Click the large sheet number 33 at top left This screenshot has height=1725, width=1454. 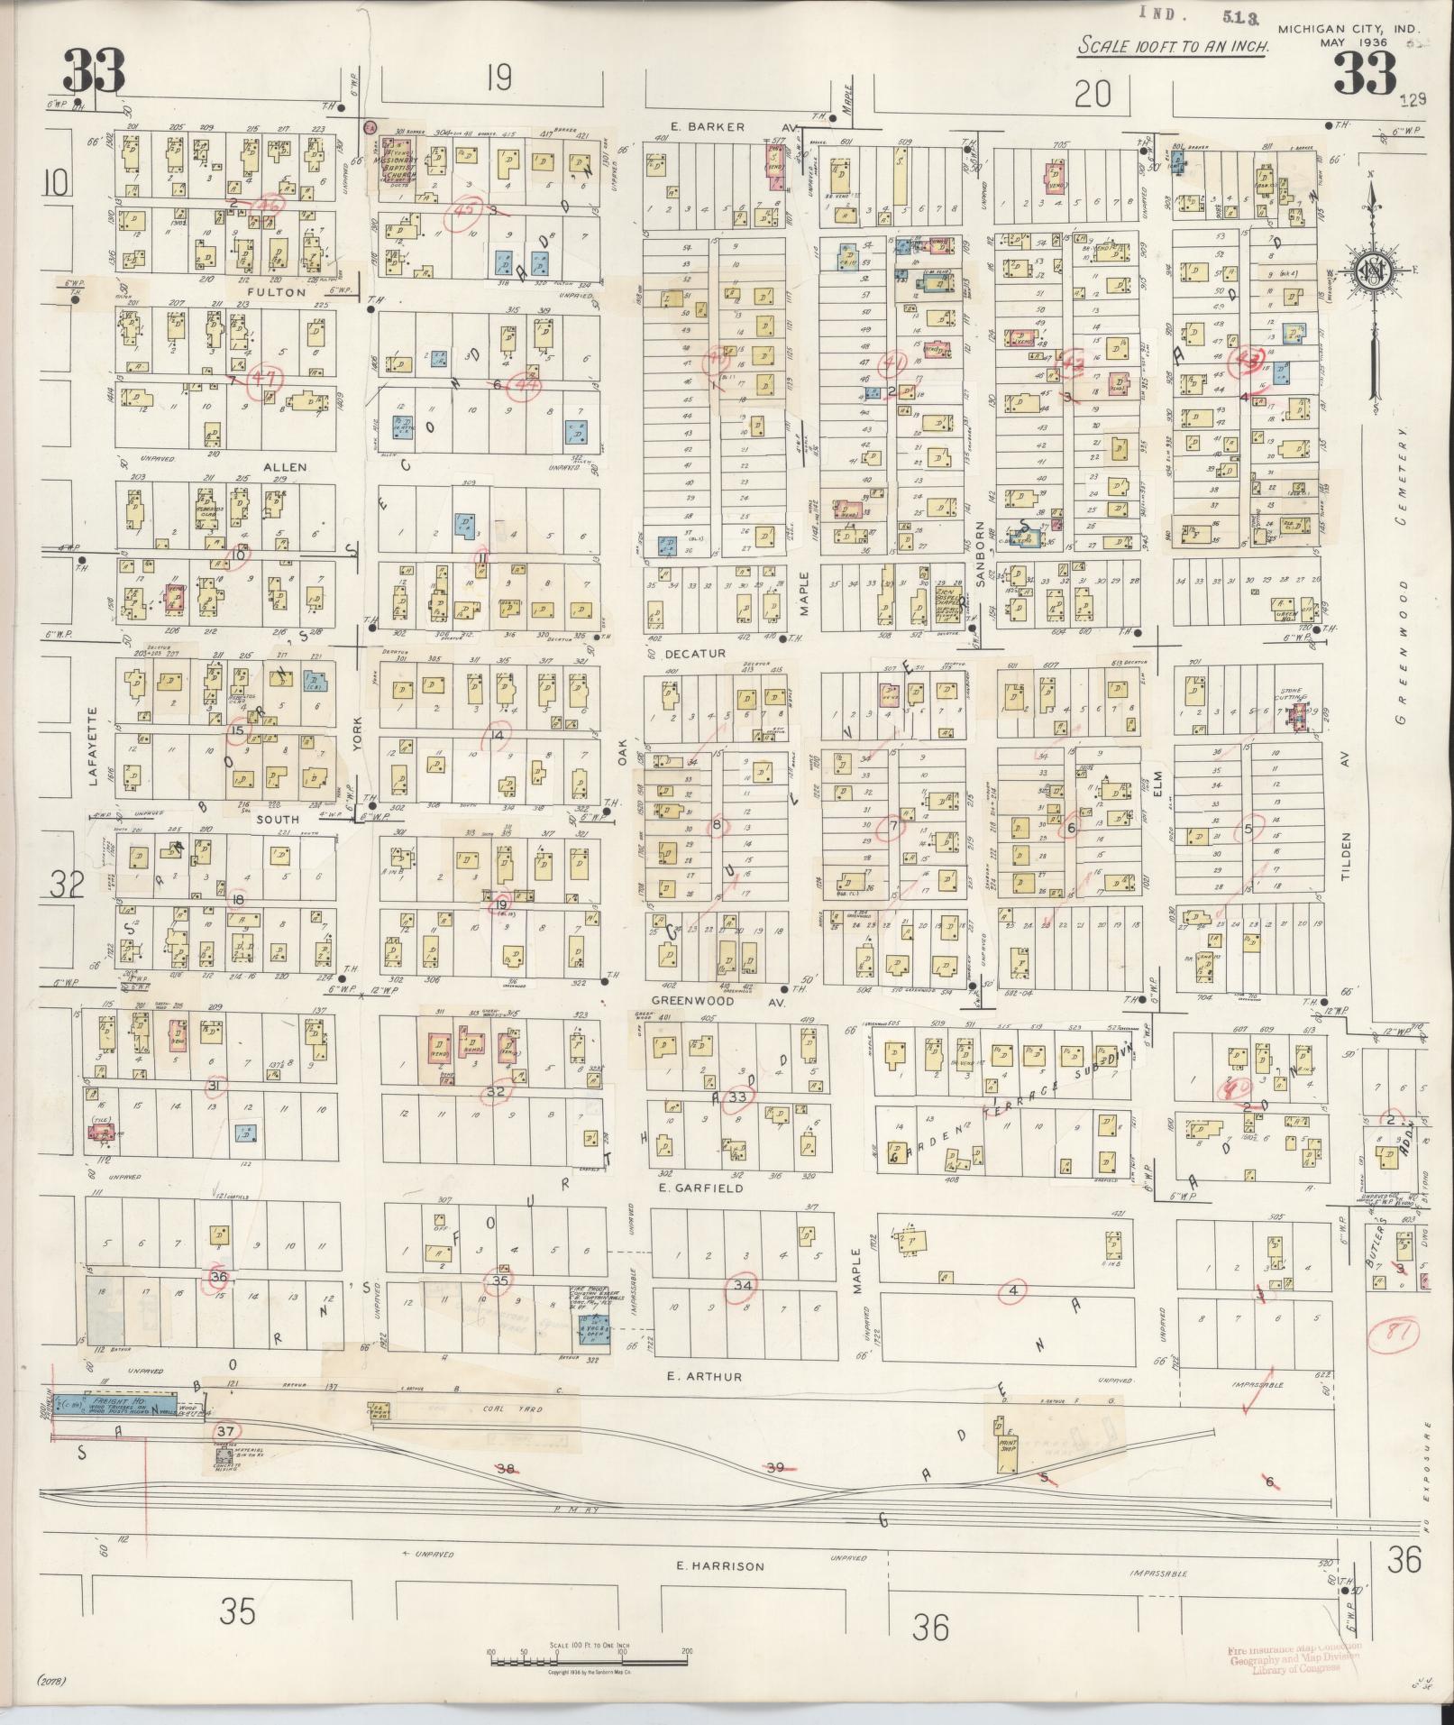93,71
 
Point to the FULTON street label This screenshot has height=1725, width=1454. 275,292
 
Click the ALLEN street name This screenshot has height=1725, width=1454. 285,467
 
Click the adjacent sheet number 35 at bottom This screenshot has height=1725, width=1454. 239,1610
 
